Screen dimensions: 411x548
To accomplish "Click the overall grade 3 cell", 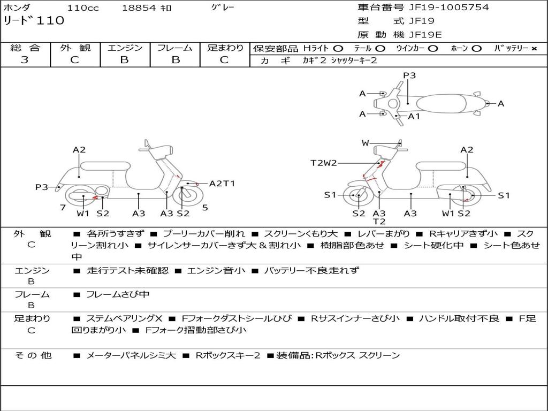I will pyautogui.click(x=25, y=60).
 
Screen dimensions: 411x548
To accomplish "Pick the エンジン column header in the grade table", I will pyautogui.click(x=125, y=48).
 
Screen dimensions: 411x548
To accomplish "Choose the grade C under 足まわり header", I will pyautogui.click(x=224, y=60).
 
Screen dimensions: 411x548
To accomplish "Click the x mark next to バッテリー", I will pyautogui.click(x=534, y=48).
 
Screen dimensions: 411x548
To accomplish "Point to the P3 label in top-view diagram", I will pyautogui.click(x=409, y=75).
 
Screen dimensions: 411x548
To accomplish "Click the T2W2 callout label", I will pyautogui.click(x=324, y=163).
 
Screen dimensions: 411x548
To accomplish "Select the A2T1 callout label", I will pyautogui.click(x=222, y=184).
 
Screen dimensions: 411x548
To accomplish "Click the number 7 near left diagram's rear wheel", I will pyautogui.click(x=63, y=208).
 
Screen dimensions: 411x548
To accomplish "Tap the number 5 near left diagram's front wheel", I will pyautogui.click(x=205, y=208).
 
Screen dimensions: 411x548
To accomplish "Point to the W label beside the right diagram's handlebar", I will pyautogui.click(x=366, y=143).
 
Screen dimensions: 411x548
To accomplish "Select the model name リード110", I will pyautogui.click(x=34, y=21).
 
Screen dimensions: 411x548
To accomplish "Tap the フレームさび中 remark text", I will pyautogui.click(x=118, y=294).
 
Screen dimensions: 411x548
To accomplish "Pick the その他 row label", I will pyautogui.click(x=33, y=355).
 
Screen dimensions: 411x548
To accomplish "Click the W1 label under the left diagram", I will pyautogui.click(x=82, y=214).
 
